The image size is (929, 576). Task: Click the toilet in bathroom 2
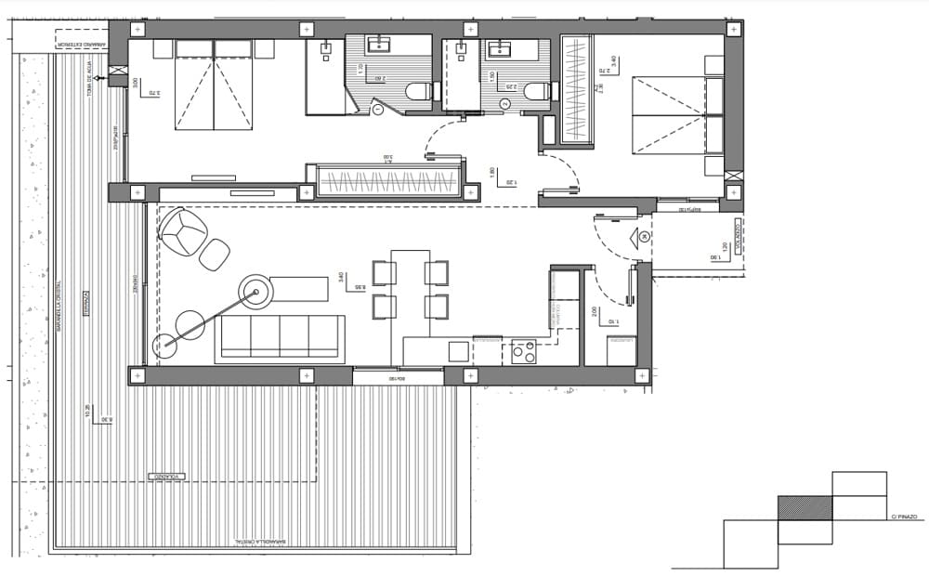tap(536, 90)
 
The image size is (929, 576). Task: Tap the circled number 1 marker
tap(378, 109)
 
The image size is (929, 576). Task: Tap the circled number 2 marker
tap(504, 104)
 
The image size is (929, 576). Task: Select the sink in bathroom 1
tap(379, 44)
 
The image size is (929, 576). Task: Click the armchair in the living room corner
tap(182, 232)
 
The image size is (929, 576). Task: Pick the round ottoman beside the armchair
tap(215, 254)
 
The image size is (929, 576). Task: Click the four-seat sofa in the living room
tap(280, 338)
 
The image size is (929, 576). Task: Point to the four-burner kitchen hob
tap(524, 351)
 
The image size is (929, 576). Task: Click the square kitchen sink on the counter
tap(458, 351)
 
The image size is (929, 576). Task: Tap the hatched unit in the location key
tap(805, 507)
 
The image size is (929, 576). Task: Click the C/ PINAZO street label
tap(903, 517)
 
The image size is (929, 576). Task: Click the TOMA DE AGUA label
tap(91, 75)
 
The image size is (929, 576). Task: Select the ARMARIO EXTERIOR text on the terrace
tap(81, 43)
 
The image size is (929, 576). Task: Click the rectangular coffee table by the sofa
tap(299, 289)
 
